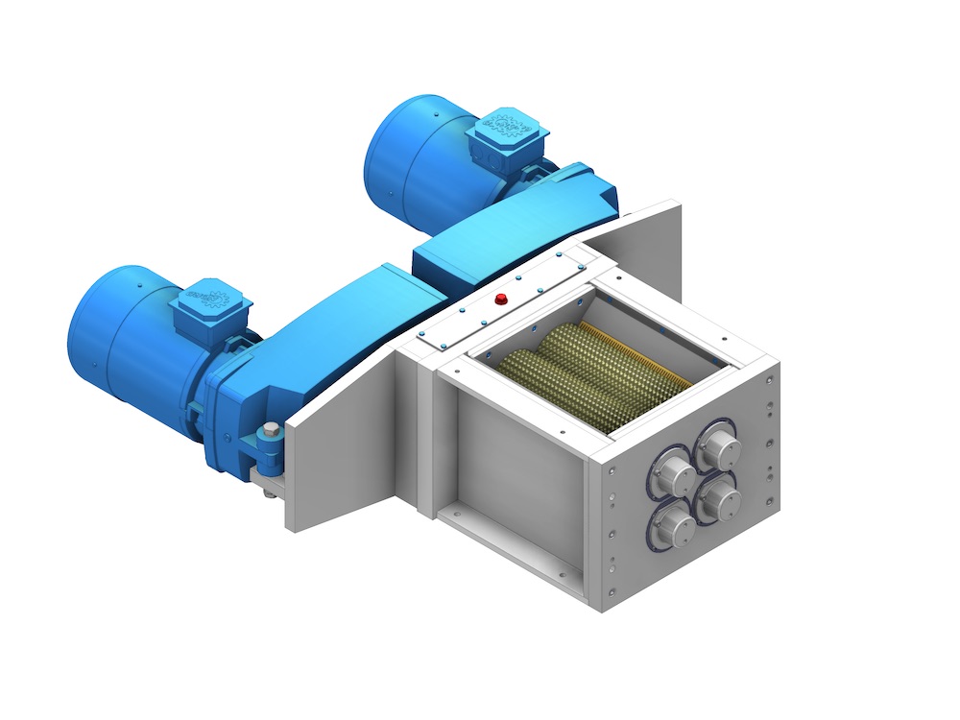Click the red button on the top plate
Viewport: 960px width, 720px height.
pyautogui.click(x=499, y=299)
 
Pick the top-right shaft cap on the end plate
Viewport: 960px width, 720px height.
pyautogui.click(x=719, y=444)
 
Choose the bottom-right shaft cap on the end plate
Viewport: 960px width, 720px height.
pyautogui.click(x=718, y=496)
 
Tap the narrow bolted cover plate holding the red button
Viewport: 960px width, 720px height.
pyautogui.click(x=499, y=307)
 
